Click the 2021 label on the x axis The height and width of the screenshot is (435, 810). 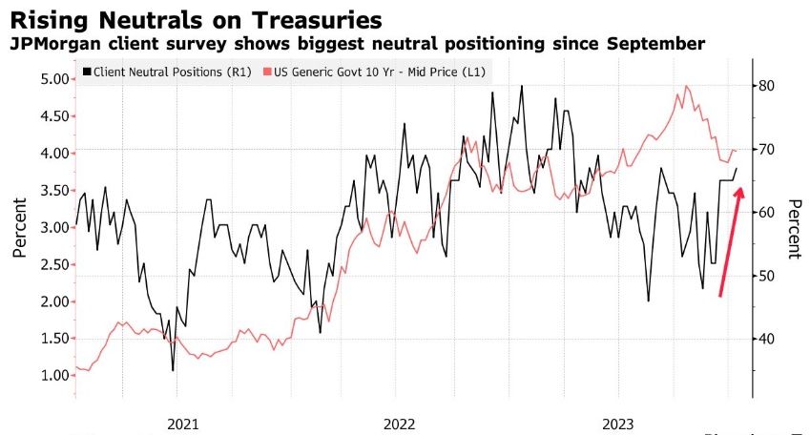(182, 421)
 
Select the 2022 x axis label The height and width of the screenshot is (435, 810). (400, 421)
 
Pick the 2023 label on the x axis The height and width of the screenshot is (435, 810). (618, 421)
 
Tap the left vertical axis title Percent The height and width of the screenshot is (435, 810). (20, 229)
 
